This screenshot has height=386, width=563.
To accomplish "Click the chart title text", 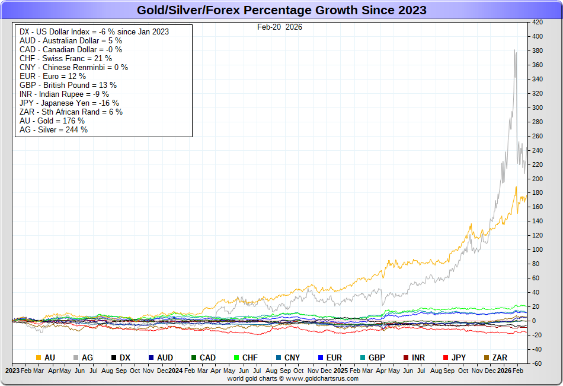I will [281, 10].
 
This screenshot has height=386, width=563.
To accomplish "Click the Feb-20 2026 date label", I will [279, 27].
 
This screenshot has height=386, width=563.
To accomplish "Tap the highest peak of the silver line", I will [514, 50].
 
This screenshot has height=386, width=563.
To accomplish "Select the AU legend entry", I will [46, 357].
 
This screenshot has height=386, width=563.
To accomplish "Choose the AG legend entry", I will [83, 357].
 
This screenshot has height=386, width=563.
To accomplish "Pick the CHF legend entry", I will [245, 357].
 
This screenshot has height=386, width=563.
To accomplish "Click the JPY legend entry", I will [454, 357].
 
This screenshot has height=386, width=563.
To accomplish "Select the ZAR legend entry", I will [495, 357].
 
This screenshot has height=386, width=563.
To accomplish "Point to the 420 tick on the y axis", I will [538, 22].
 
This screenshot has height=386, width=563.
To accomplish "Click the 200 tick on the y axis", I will [538, 179].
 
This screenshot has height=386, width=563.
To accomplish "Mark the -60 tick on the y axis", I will [538, 363].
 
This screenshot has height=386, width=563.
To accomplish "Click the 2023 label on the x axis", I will [12, 370].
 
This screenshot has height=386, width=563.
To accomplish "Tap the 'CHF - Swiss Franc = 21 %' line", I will [65, 58].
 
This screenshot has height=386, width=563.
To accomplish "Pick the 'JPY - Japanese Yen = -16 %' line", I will [69, 103].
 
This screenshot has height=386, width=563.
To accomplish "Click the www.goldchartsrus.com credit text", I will [293, 378].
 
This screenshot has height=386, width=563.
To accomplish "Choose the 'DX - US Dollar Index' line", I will [94, 31].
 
